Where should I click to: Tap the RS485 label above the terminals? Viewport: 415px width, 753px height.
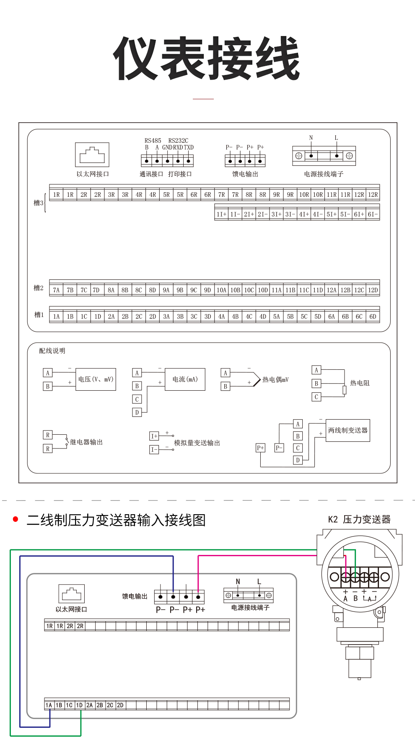coord(153,141)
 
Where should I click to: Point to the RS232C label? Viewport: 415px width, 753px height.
coord(178,141)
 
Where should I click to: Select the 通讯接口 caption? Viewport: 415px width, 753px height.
coord(151,174)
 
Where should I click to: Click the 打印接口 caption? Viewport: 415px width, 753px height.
coord(180,174)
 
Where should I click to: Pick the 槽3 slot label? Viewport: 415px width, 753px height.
coord(39,203)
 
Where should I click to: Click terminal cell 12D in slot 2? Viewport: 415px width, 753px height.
coord(373,290)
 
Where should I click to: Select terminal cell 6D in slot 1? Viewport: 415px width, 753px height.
coord(373,317)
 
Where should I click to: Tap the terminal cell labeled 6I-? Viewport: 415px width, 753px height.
coord(373,214)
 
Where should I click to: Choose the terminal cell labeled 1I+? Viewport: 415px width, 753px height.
coord(221,214)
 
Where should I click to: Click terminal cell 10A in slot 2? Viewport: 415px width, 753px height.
coord(221,290)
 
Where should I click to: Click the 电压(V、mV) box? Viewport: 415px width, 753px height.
coord(96,379)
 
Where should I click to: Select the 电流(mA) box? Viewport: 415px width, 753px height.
coord(185,379)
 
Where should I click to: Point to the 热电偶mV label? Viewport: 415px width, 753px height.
coord(275,380)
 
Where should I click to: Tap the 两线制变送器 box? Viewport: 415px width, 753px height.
coord(348,431)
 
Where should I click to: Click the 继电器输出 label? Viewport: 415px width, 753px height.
coord(86,442)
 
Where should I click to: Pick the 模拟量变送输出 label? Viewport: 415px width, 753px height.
coord(197,443)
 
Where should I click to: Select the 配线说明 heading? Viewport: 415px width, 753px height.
coord(52,351)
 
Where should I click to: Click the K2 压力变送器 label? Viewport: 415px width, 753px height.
coord(359,520)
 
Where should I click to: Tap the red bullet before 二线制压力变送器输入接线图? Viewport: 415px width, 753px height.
coord(16,519)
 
